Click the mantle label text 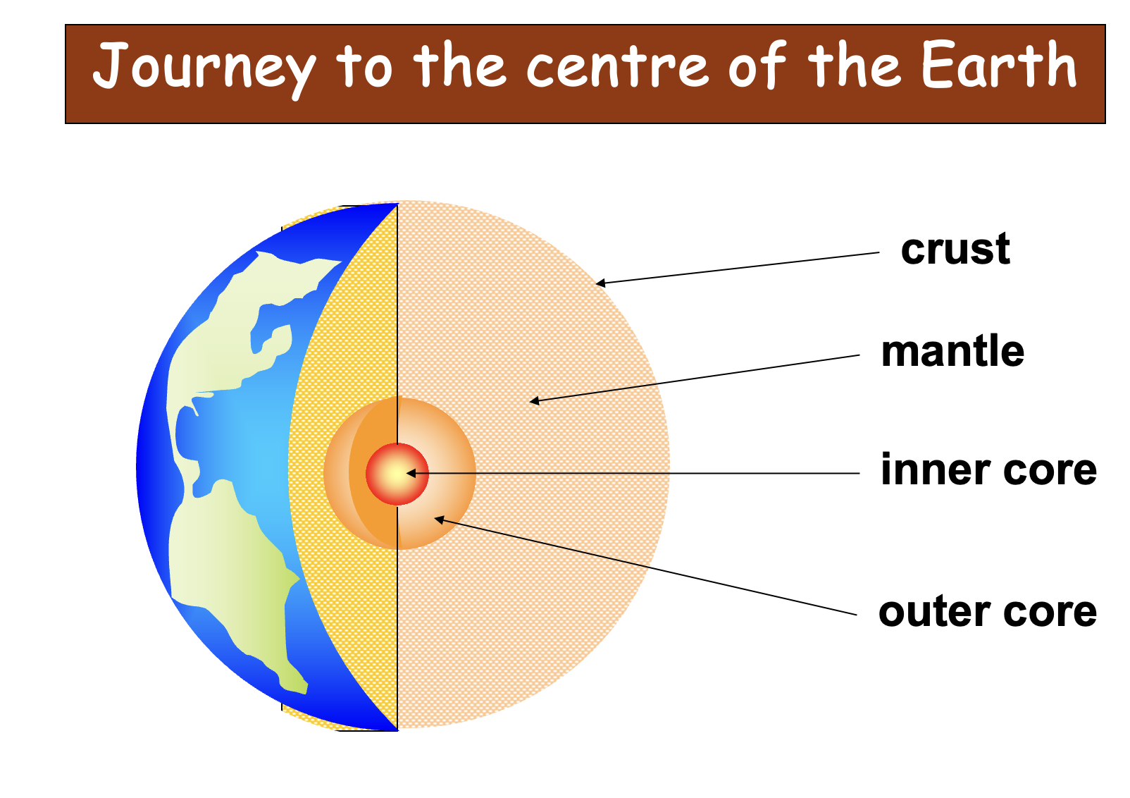953,351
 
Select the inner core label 989,469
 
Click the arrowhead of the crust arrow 600,283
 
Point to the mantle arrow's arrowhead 534,401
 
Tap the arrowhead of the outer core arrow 440,519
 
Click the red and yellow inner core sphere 397,474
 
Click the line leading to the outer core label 646,567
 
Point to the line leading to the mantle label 695,379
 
